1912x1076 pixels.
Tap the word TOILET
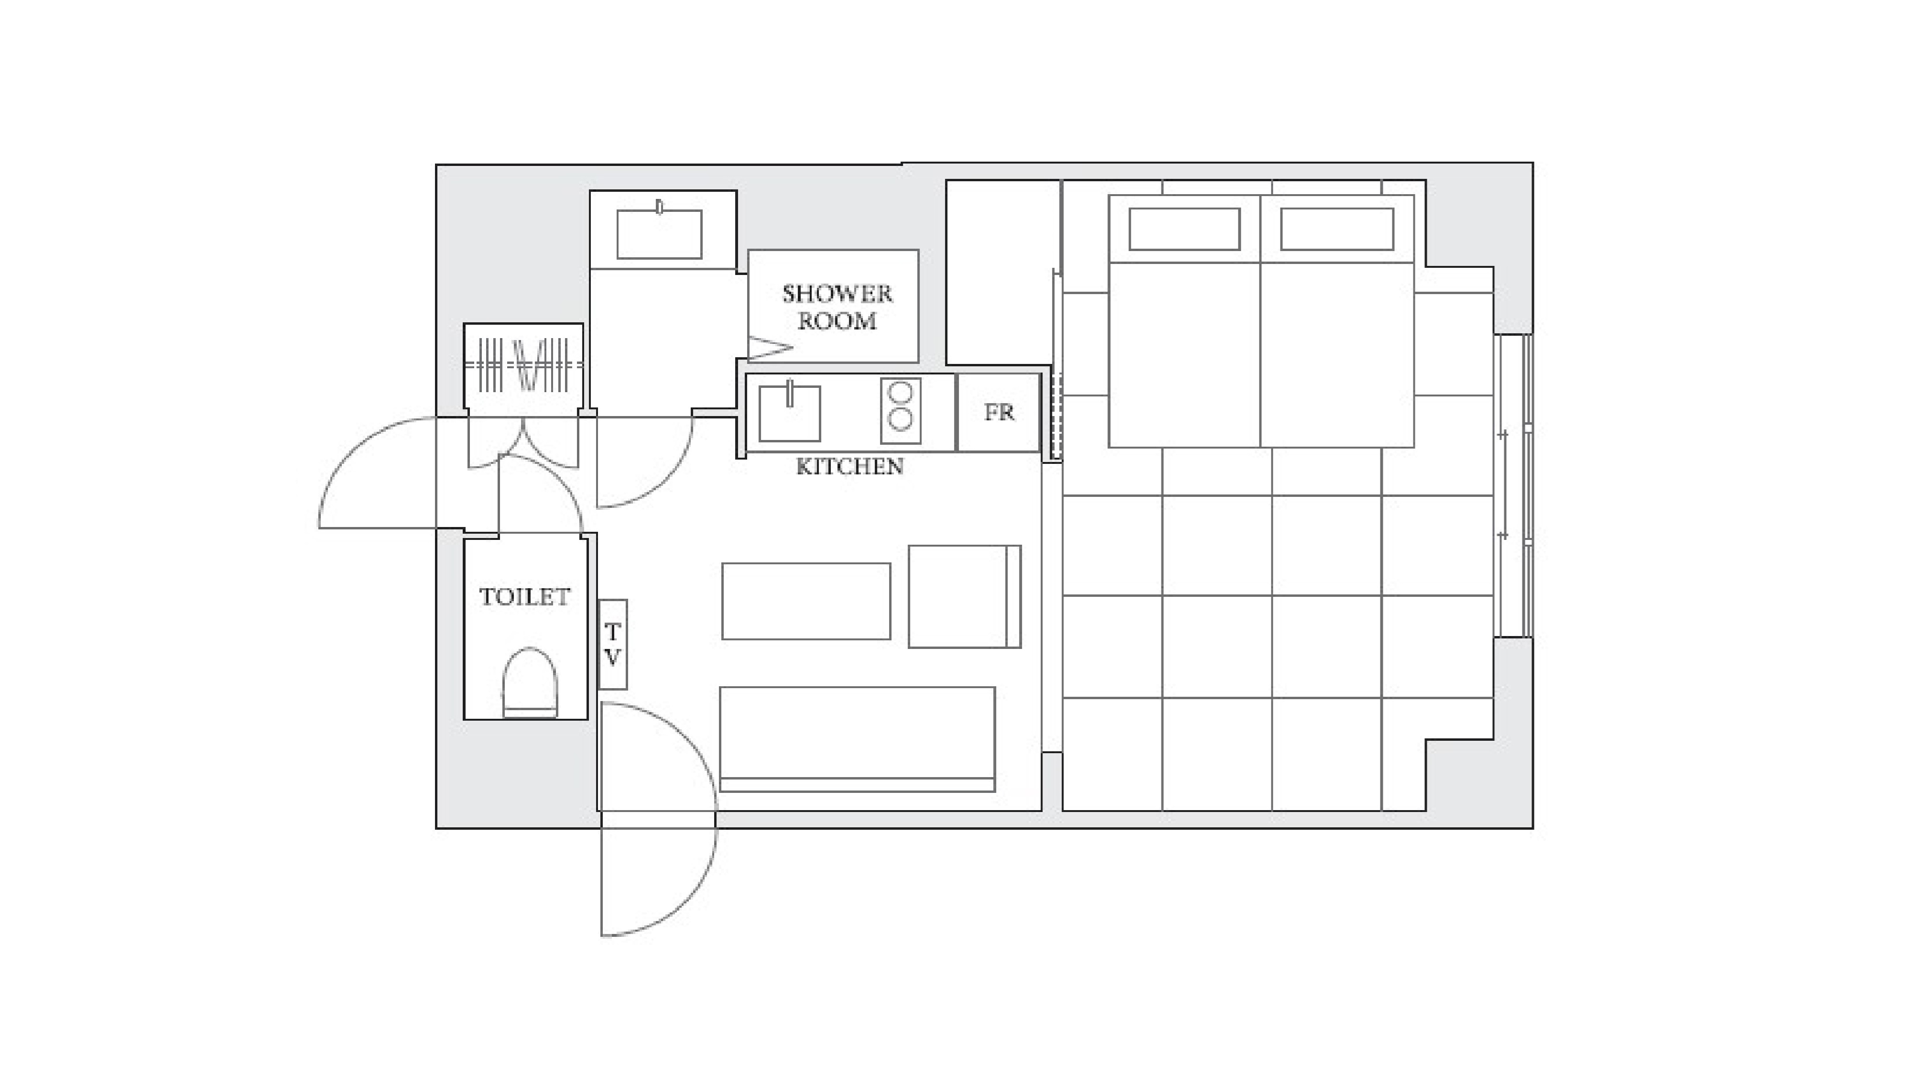point(525,597)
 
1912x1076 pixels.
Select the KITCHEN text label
point(850,466)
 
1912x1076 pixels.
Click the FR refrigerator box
point(999,412)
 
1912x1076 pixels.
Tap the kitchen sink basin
point(789,413)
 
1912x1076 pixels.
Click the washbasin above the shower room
point(659,234)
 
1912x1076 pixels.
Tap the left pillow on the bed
point(1184,229)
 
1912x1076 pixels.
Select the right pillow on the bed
point(1337,229)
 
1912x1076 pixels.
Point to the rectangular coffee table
point(806,601)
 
